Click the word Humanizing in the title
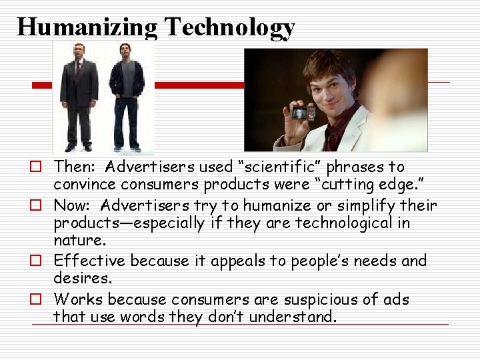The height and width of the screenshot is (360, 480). [87, 27]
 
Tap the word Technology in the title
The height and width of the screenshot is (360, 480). [229, 27]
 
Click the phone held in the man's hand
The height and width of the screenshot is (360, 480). [302, 111]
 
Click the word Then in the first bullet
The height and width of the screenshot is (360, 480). [75, 167]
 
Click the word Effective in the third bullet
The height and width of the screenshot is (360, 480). [90, 261]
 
